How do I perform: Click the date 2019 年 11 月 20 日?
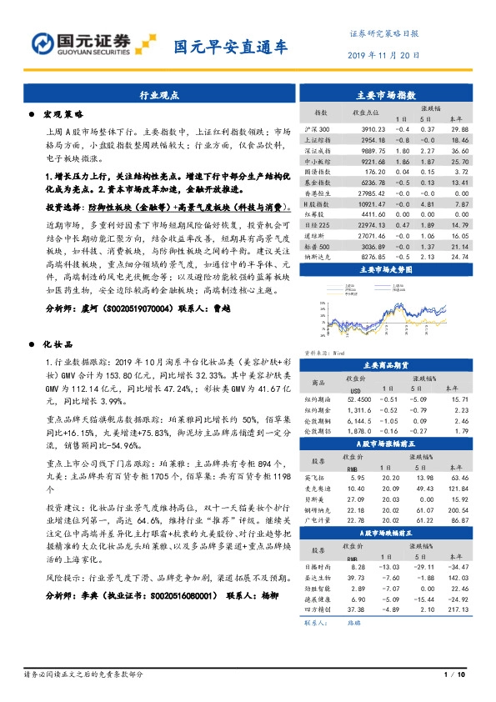coord(382,56)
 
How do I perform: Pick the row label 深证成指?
coord(321,151)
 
